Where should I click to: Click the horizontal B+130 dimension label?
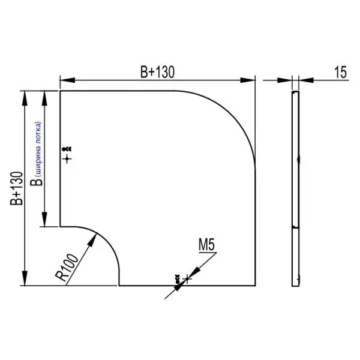pos(157,73)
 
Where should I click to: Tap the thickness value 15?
pos(340,73)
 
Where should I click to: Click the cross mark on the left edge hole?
pos(67,158)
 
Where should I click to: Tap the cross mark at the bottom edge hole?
pos(188,278)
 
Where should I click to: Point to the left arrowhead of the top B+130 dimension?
pos(65,80)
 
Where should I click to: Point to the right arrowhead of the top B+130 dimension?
pos(250,80)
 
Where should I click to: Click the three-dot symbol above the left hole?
pos(67,149)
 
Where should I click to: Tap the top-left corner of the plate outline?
pos(60,91)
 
